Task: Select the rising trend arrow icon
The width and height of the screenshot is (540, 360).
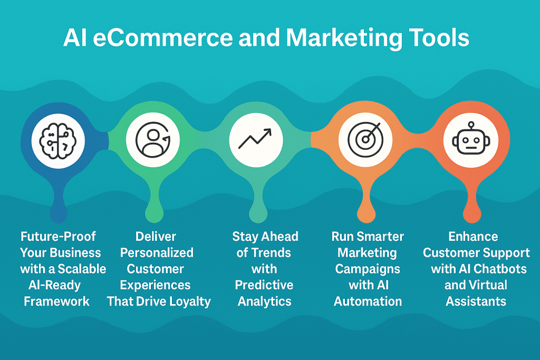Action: pos(256,139)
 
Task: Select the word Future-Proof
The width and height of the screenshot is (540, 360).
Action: pos(59,236)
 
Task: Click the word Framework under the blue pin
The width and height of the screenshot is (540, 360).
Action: pos(57,301)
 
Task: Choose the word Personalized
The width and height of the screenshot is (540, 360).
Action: pos(157,252)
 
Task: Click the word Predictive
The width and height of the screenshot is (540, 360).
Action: pos(264,285)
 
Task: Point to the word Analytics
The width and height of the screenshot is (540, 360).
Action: pos(265,301)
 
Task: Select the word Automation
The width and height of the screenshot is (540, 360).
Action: pos(368,301)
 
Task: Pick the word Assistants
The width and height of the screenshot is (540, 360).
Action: pos(476,301)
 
